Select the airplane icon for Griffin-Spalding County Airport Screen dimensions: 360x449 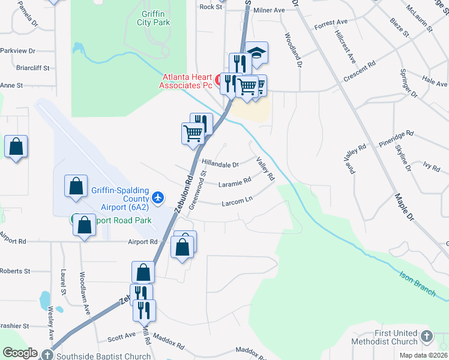(x=158, y=197)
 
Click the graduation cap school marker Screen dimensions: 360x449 (x=256, y=53)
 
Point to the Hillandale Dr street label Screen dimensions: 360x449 (x=220, y=163)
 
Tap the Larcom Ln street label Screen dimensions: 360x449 (x=237, y=202)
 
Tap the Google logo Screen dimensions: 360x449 (x=20, y=353)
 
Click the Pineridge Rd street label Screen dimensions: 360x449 (x=396, y=139)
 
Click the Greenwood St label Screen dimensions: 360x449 (x=197, y=190)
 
